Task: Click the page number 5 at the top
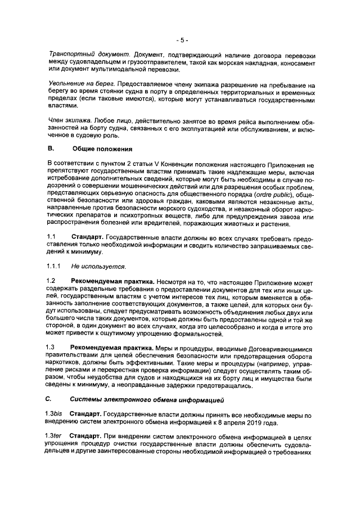181,40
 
